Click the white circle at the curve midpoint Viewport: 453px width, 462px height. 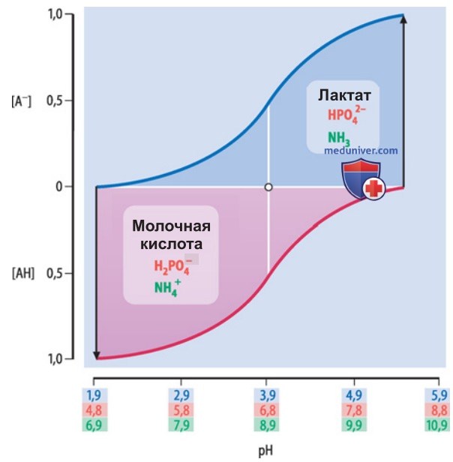click(x=268, y=187)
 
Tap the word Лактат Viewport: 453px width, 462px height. click(x=344, y=95)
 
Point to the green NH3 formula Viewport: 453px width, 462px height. click(x=339, y=139)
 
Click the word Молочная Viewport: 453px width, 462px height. click(x=171, y=226)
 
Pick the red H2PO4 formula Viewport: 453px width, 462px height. click(x=172, y=266)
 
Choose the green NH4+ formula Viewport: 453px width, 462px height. click(x=167, y=287)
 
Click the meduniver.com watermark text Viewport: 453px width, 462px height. click(x=361, y=151)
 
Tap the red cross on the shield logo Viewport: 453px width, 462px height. click(x=373, y=188)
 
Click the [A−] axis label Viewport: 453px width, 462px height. click(x=21, y=102)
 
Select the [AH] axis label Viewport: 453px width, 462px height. click(x=23, y=274)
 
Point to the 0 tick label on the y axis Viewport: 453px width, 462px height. click(x=59, y=187)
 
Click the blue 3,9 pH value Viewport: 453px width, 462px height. click(x=267, y=395)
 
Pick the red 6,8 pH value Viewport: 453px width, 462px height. click(x=267, y=409)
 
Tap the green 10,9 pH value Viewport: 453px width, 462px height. click(x=436, y=425)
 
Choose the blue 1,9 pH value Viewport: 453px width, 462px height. click(x=94, y=395)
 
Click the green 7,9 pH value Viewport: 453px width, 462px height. click(x=181, y=425)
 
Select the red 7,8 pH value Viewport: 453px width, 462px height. click(x=354, y=409)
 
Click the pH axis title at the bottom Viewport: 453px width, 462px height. click(x=265, y=451)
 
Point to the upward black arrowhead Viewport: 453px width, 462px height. click(x=403, y=18)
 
